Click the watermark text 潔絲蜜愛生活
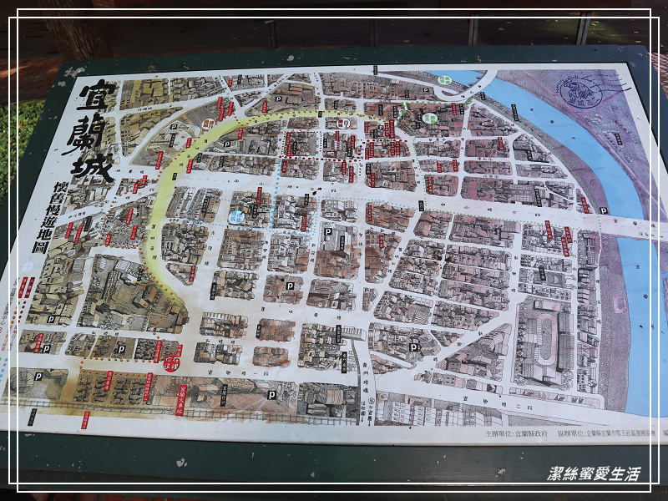tap(593, 474)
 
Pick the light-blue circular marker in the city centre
tap(236, 216)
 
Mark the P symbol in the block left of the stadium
tap(413, 347)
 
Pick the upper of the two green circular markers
tap(445, 79)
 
